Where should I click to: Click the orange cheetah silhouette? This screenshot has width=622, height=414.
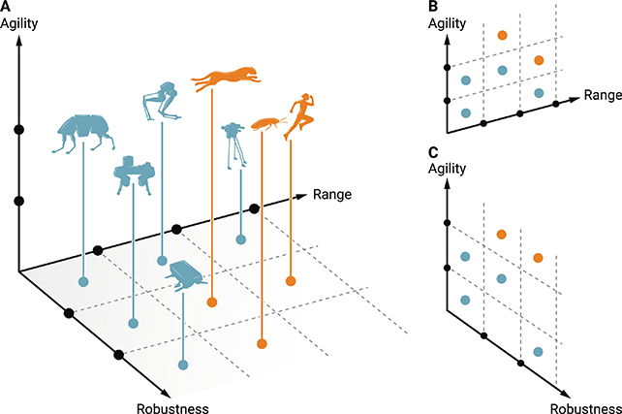click(226, 79)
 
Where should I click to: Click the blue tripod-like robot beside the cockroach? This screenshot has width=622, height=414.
click(232, 143)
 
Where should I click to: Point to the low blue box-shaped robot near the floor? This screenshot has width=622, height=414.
click(184, 275)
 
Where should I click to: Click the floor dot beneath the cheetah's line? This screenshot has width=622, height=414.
click(212, 303)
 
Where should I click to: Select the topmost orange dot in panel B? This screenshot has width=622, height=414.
click(502, 35)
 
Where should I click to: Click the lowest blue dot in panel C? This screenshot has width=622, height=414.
click(538, 350)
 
